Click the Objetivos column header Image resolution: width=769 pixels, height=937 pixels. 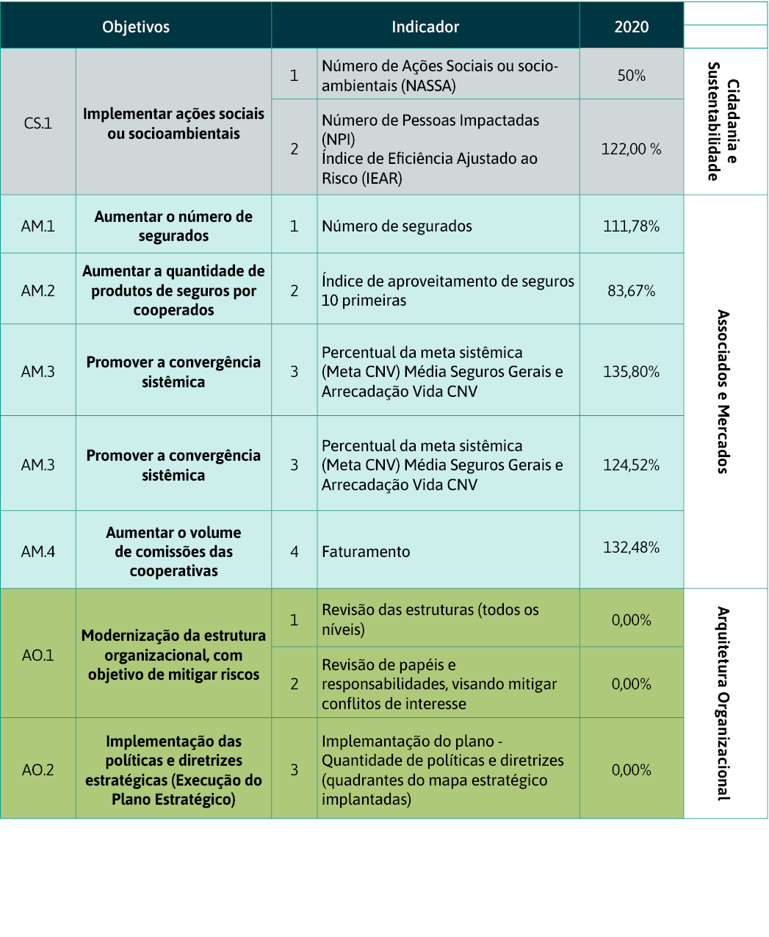136,27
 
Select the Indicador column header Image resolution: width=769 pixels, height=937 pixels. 425,27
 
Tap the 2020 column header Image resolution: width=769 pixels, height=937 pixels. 632,27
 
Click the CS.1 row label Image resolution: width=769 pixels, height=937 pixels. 38,123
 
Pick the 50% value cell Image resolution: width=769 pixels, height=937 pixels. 632,76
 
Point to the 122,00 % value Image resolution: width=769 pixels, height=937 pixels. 632,149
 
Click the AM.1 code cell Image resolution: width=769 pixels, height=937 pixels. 38,226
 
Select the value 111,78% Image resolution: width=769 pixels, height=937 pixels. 632,226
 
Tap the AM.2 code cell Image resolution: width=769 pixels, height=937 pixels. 38,291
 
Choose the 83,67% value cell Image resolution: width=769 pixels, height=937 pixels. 632,291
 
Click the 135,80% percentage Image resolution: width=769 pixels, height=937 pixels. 632,372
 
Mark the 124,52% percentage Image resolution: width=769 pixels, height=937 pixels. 632,465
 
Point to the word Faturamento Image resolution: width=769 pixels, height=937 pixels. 366,552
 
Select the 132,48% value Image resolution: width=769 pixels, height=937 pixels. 632,548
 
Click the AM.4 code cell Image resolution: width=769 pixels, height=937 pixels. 38,552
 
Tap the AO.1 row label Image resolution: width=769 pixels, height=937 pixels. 38,656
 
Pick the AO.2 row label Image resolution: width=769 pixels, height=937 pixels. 38,770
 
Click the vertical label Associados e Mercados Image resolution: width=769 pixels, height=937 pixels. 723,392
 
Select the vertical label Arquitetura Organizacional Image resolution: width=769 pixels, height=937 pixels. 723,703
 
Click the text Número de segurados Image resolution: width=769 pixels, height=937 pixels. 397,226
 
